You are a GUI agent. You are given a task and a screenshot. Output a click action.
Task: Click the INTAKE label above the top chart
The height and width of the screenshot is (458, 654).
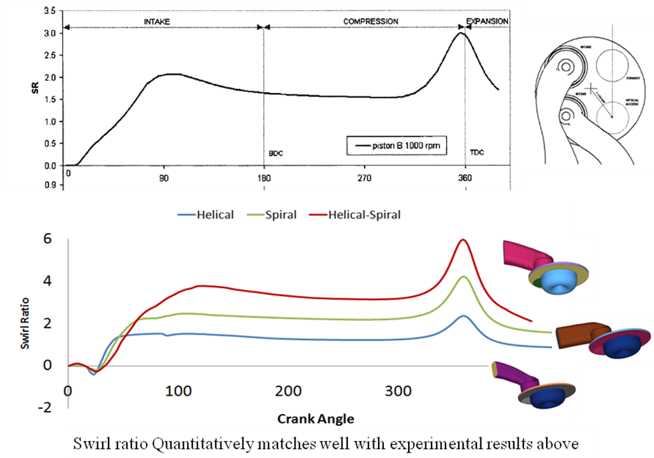pos(157,21)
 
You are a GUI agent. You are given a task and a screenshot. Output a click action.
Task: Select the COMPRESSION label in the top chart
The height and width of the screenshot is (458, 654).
pos(371,21)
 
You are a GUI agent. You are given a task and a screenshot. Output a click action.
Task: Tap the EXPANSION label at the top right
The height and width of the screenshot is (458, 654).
pos(487,21)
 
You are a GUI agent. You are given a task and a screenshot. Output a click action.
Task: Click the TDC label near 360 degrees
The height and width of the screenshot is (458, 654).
pos(476,153)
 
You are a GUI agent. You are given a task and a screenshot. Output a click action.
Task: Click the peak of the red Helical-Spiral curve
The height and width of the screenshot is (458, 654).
pos(462,240)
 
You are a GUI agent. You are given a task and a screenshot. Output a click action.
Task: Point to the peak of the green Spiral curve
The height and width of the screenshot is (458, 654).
pos(462,277)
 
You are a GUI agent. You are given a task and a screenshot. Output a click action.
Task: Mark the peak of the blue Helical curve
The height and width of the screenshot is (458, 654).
pos(462,316)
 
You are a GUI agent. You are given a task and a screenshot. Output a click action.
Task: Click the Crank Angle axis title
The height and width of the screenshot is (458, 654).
pos(315,418)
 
